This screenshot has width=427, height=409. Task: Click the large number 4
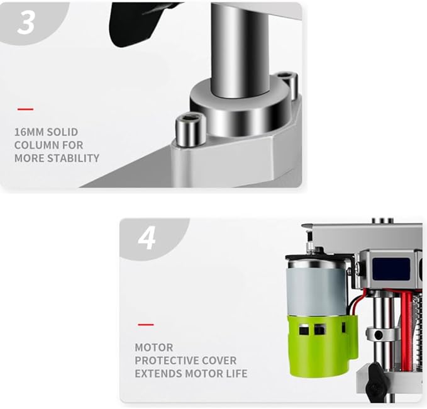click(x=147, y=238)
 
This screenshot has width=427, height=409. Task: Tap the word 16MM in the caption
click(x=29, y=132)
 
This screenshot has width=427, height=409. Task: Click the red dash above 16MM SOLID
click(x=25, y=109)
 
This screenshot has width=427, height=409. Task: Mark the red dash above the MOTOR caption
click(x=146, y=325)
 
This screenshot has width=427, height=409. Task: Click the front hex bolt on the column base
click(x=190, y=129)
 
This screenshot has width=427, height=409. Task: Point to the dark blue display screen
click(x=391, y=269)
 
